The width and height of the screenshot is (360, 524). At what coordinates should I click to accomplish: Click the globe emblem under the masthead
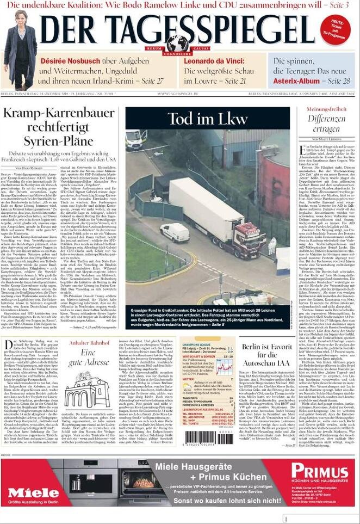(177, 43)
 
